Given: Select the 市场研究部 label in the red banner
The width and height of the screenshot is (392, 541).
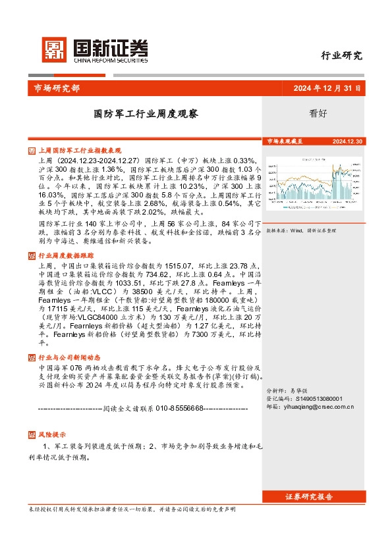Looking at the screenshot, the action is click(x=57, y=89).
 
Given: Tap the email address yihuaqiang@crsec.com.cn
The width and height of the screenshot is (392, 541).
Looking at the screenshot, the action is click(x=310, y=407).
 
